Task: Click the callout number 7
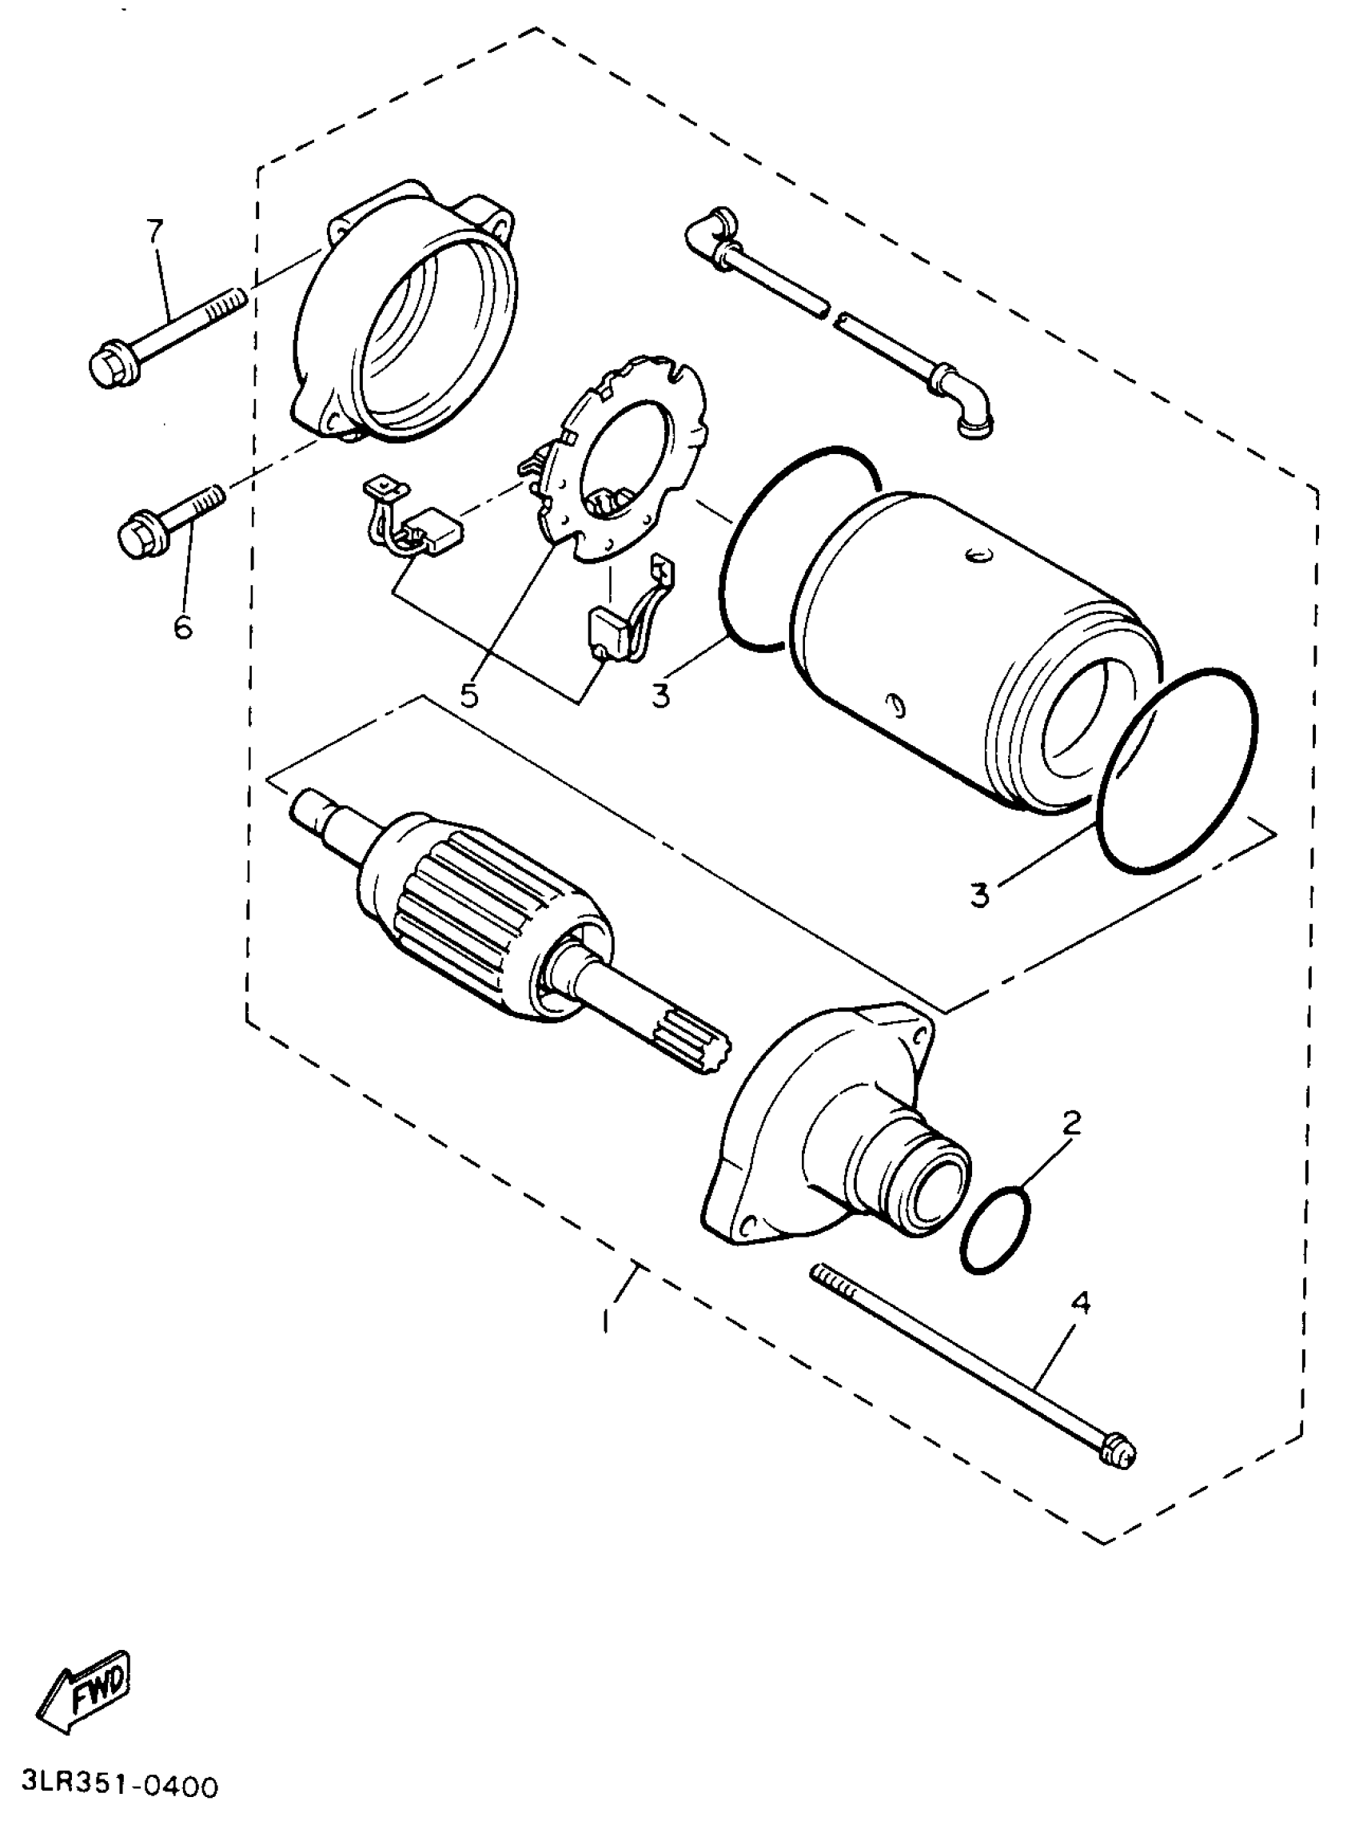pos(155,231)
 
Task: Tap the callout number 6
pos(181,628)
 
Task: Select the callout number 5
pos(469,695)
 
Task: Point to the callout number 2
pos(1070,1123)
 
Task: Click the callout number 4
pos(1081,1303)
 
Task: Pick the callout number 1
pos(606,1321)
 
